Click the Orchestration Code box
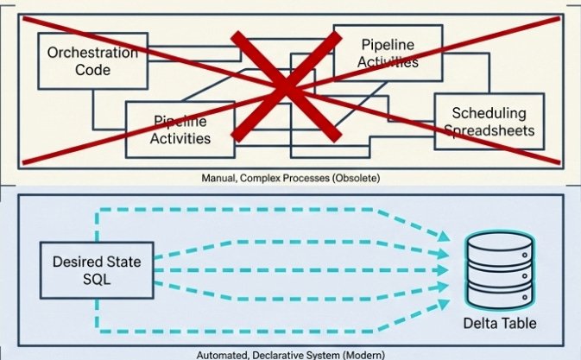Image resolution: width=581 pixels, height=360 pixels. [92, 61]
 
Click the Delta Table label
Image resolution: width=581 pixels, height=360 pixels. [498, 324]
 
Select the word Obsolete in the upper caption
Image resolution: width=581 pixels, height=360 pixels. [355, 178]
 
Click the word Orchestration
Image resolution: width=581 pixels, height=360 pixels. [92, 53]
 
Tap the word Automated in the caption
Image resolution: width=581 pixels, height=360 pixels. [222, 355]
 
